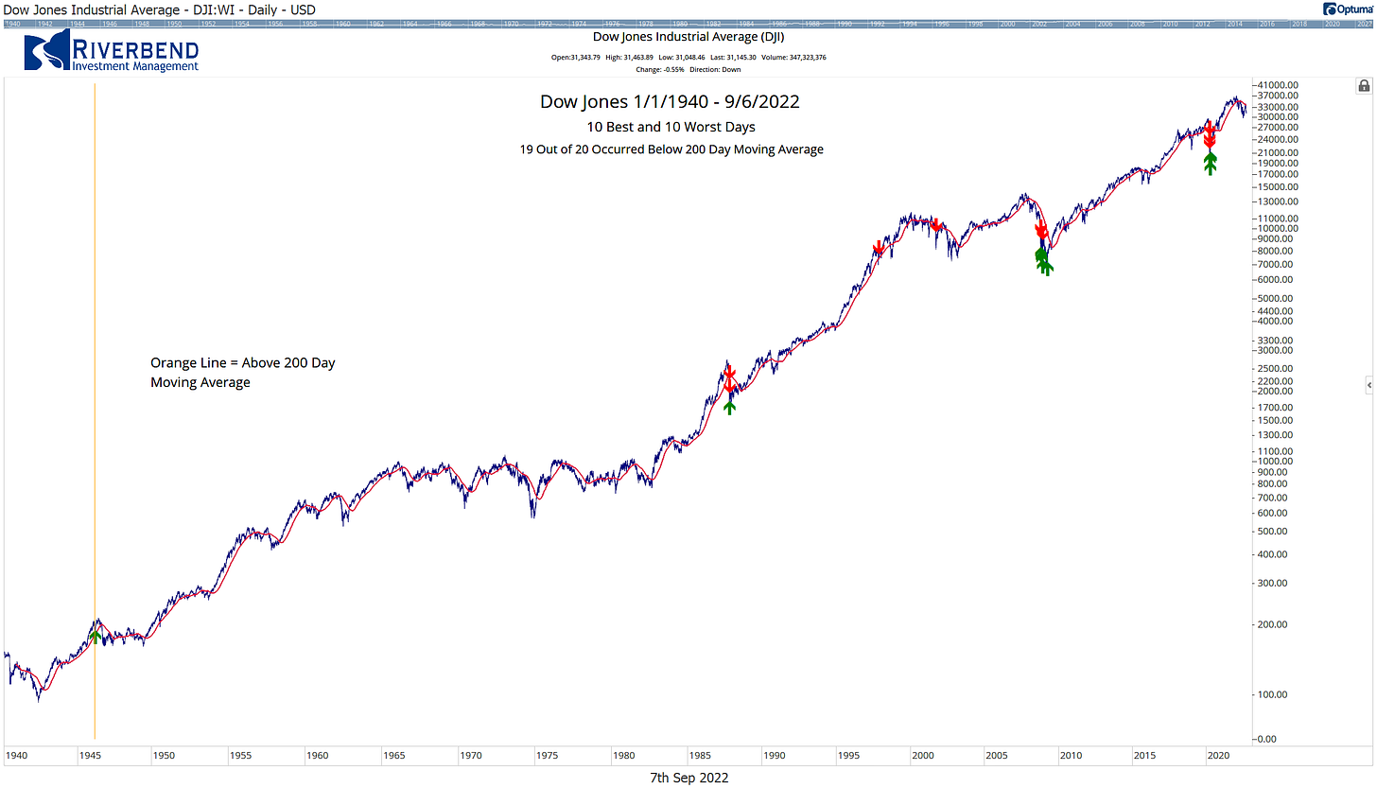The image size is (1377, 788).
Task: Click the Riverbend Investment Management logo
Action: click(112, 51)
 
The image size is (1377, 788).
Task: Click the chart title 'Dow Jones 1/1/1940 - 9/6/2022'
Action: click(670, 101)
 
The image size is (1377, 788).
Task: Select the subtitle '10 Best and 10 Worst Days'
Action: click(670, 127)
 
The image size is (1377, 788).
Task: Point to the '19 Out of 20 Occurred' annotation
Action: click(671, 149)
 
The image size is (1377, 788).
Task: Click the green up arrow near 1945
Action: click(94, 636)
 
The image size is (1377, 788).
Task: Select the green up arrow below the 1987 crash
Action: click(729, 405)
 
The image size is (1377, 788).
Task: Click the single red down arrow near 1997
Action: click(879, 248)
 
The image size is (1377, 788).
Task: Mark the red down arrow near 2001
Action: click(936, 225)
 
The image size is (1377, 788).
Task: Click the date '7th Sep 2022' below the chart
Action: click(688, 778)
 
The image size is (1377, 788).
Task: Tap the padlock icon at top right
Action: click(1364, 86)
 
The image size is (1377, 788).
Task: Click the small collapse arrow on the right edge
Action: click(1368, 384)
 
